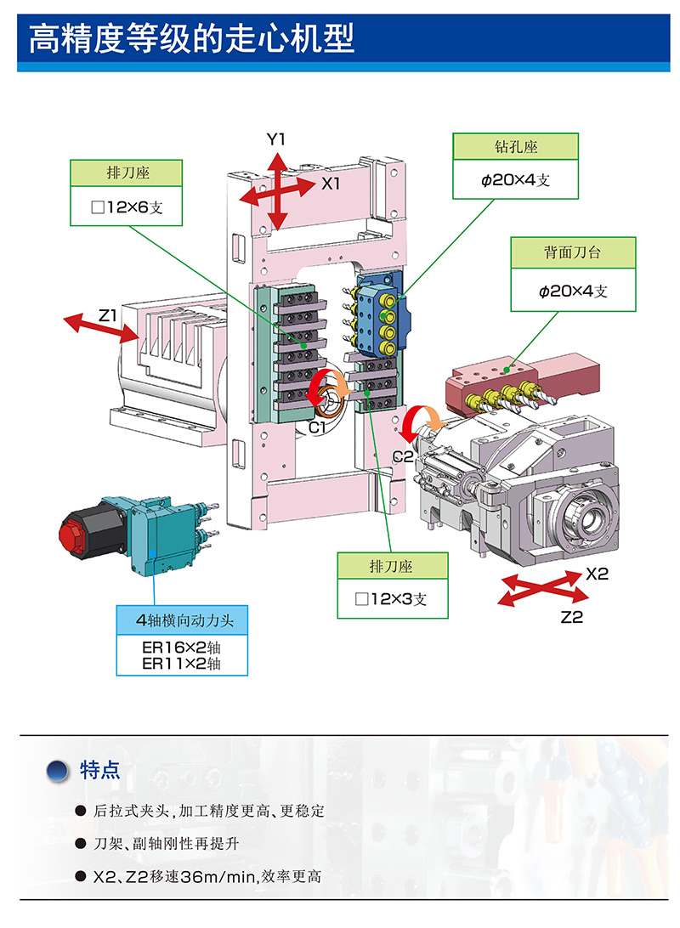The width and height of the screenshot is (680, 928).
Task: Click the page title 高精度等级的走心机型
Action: (191, 39)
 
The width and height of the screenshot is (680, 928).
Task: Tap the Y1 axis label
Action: (276, 139)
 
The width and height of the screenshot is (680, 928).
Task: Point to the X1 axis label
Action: (331, 183)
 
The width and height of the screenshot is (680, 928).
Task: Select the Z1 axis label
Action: (108, 315)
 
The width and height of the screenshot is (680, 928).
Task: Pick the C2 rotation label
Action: (403, 456)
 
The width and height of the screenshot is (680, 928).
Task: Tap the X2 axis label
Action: (597, 574)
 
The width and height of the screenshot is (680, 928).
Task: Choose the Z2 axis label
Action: (572, 618)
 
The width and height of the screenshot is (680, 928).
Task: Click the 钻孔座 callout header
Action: (515, 147)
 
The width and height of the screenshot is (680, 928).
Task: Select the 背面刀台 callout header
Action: (572, 252)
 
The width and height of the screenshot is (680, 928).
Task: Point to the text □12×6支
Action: (126, 207)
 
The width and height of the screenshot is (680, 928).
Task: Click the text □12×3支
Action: (391, 599)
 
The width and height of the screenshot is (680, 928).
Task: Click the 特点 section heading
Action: (99, 771)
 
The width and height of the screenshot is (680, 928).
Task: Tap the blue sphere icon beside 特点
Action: (58, 771)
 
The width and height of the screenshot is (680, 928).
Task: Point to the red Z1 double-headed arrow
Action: (103, 328)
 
